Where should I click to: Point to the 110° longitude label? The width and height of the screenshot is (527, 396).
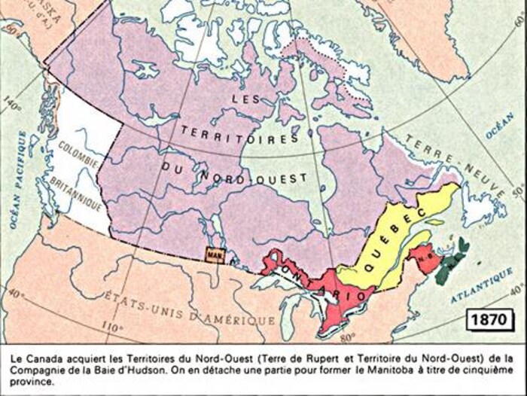pyautogui.click(x=111, y=327)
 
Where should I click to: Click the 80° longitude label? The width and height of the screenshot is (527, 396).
pyautogui.click(x=344, y=337)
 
